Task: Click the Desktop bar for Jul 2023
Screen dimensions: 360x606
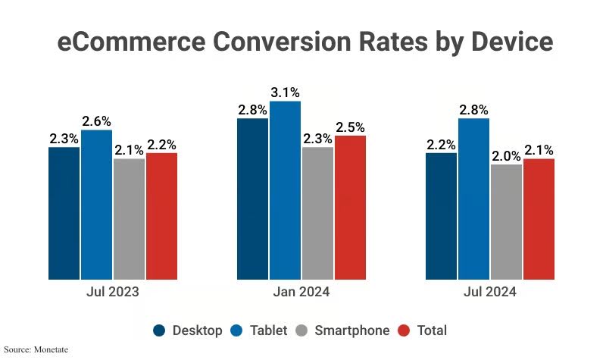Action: [64, 213]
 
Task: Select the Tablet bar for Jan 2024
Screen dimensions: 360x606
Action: [285, 189]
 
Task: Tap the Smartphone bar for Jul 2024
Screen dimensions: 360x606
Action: [506, 221]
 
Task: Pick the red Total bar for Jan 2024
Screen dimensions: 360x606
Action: [350, 207]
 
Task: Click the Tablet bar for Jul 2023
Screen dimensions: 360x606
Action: [96, 205]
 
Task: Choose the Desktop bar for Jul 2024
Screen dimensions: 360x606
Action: [441, 216]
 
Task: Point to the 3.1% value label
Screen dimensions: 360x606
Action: [285, 92]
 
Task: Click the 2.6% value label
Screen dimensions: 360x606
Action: [96, 121]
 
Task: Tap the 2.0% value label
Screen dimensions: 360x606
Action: [506, 155]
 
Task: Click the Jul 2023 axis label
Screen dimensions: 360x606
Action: [112, 292]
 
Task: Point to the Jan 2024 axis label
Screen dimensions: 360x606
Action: [301, 292]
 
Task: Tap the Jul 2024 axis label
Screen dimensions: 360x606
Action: [490, 292]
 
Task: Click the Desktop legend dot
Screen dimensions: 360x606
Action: [159, 330]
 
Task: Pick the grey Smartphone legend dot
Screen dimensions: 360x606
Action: [302, 330]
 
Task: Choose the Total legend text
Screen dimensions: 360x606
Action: [431, 330]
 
